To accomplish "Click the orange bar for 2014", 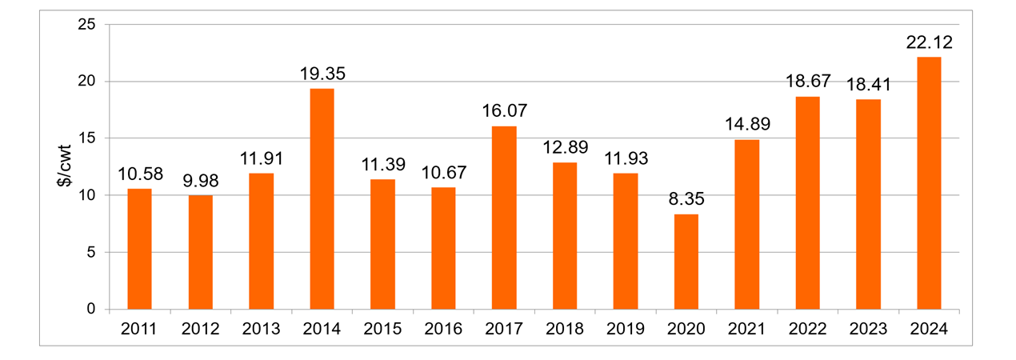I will pyautogui.click(x=322, y=199).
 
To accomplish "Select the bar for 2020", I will pyautogui.click(x=686, y=262).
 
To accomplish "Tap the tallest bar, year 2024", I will pyautogui.click(x=929, y=183).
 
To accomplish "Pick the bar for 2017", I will pyautogui.click(x=504, y=218).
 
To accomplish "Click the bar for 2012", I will pyautogui.click(x=201, y=252).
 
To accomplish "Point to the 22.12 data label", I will pyautogui.click(x=929, y=42).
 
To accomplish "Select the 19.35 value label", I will pyautogui.click(x=322, y=74).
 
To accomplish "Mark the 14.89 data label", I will pyautogui.click(x=746, y=125).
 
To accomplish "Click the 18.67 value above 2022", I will pyautogui.click(x=807, y=82).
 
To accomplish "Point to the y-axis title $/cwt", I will pyautogui.click(x=70, y=167).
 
